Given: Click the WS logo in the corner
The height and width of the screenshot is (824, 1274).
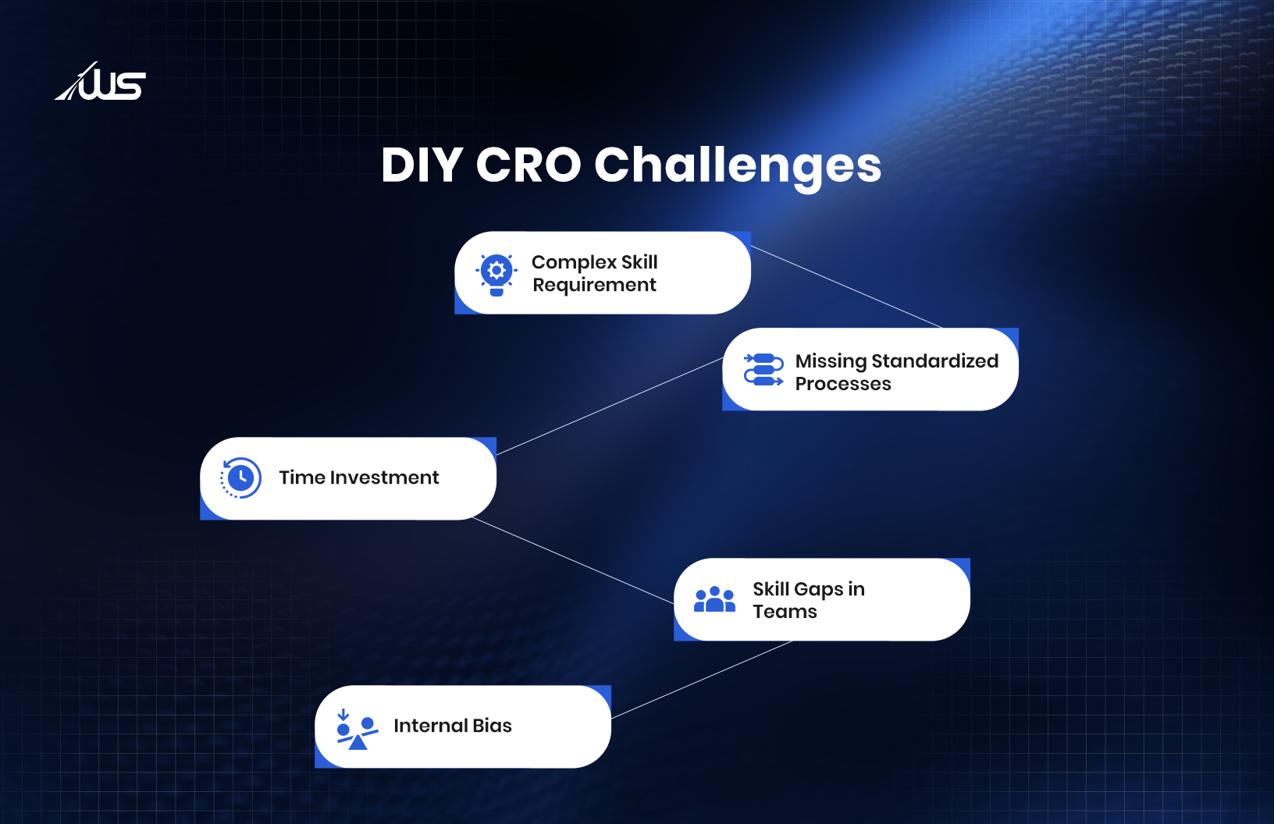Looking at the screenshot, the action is pos(100,81).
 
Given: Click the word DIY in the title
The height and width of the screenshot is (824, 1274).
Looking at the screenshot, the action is pos(422,165).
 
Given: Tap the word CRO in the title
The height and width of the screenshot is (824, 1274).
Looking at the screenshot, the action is pos(528,165).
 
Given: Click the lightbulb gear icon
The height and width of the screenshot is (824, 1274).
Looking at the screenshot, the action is pos(496,275).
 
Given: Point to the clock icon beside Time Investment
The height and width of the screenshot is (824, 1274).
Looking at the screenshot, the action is pos(240,478).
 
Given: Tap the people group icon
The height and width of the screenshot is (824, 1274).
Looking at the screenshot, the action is pos(714,598).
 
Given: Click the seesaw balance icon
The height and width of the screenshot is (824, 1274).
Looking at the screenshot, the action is pos(357,729).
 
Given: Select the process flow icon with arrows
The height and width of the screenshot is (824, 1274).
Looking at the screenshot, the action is pos(763,370).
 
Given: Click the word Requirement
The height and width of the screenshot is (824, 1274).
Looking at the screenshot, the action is pos(594,285).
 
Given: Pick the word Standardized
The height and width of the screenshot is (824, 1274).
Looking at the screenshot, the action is pos(935,361).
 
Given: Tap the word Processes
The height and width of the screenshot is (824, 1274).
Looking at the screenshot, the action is pos(843,384).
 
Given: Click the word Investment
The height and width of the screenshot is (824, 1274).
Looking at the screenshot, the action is pos(384,477).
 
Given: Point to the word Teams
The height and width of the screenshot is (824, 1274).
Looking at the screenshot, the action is pos(785,612).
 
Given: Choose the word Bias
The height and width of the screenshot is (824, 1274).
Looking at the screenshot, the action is pos(492,726).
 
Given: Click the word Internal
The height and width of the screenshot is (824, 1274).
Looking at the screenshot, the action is pos(431,726).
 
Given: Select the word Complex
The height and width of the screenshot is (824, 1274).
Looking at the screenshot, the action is pos(574,263).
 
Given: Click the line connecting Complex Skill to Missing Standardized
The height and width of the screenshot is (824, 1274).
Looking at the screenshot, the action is pos(846,286).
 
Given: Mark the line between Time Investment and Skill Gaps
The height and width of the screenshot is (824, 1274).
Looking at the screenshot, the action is pos(573,560).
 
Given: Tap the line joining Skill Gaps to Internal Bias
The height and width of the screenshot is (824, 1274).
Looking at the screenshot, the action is pos(702,680).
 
